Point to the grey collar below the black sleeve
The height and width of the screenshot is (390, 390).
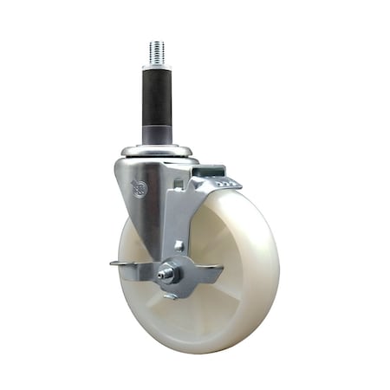point(157,133)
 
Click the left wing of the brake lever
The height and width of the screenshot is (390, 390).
point(131,270)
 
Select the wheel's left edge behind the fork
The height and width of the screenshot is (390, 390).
point(121,260)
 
